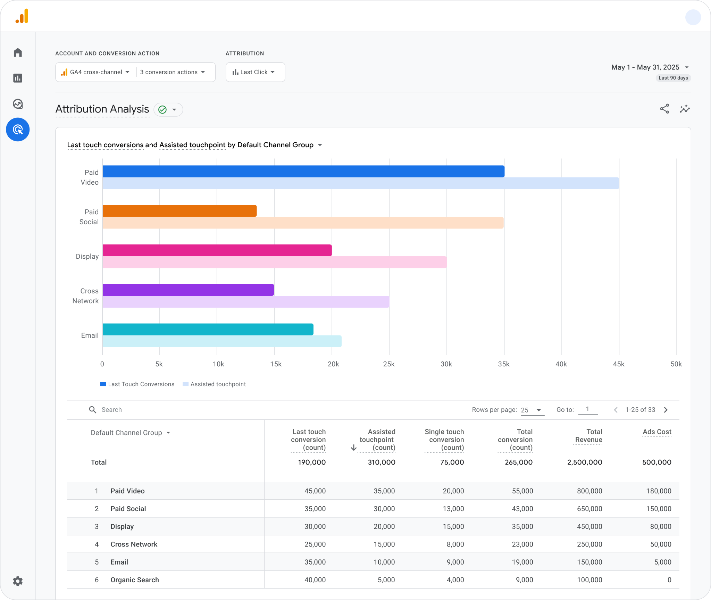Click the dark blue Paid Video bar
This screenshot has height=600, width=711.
303,172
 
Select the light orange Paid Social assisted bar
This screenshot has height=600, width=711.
303,223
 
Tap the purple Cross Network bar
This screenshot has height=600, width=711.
188,290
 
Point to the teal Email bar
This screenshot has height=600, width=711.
208,329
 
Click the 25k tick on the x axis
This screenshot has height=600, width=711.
389,364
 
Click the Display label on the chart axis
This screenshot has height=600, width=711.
87,256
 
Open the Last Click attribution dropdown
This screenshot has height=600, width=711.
255,72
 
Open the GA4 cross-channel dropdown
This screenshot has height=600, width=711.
95,72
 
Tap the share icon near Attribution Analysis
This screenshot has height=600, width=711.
664,109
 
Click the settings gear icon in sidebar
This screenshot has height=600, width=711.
18,581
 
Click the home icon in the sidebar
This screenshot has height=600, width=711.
18,52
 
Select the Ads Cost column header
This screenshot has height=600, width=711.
656,432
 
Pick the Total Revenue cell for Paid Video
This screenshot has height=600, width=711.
589,491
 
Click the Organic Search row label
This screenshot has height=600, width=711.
134,580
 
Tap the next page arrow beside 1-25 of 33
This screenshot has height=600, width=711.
666,410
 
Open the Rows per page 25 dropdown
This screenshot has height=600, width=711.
532,410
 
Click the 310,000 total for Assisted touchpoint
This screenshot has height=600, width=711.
381,462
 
